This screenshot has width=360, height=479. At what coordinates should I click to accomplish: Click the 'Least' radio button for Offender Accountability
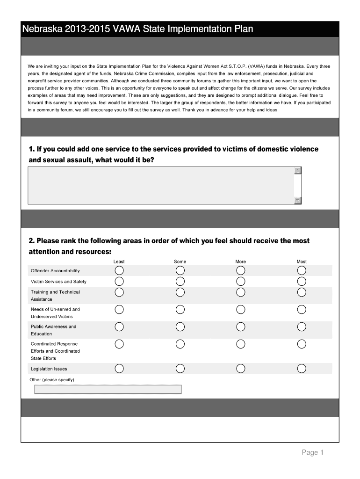pos(119,271)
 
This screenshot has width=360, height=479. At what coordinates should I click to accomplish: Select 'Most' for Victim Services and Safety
pos(302,281)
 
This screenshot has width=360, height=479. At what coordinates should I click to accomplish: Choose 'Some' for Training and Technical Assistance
pos(180,292)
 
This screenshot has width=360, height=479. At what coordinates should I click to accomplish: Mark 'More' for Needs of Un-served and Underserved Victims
pos(241,310)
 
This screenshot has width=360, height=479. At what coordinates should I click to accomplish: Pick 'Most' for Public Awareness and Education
pos(302,327)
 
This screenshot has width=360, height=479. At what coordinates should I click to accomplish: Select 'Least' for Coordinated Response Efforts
pos(119,344)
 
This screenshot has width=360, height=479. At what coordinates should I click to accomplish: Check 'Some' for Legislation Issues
pos(180,369)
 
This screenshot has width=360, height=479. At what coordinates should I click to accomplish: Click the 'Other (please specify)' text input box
pos(108,389)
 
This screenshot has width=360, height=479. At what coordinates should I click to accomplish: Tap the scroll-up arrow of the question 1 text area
pos(298,171)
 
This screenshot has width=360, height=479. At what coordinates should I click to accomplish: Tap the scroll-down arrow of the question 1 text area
pos(298,201)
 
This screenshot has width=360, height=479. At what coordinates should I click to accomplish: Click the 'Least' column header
pos(119,261)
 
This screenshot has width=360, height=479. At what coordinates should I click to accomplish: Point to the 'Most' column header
pos(302,261)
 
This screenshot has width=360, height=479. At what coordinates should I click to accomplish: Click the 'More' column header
pos(241,261)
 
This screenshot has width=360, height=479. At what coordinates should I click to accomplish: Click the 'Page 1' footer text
pos(312,452)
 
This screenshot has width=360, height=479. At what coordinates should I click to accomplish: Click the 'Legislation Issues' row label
pos(49,369)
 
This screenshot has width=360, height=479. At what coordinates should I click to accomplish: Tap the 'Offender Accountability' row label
pos(55,271)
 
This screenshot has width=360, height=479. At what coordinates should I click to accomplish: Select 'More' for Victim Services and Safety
pos(241,281)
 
